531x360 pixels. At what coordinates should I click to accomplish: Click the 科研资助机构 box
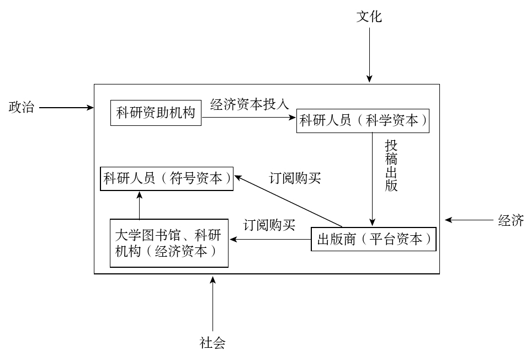pos(156,113)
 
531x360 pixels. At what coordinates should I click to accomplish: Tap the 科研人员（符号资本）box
pos(167,178)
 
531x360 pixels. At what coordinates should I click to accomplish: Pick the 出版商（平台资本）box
pos(374,240)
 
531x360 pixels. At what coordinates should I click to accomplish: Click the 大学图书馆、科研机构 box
pos(169,243)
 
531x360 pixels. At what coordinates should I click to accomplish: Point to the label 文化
pos(369,17)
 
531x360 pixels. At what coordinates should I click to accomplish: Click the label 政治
pos(21,107)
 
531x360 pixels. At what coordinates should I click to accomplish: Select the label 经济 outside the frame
pos(511,220)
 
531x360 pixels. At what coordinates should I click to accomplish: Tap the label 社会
pos(213,343)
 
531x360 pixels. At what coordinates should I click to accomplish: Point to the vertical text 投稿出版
pos(391,165)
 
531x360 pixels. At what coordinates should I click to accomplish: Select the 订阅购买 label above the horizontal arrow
pos(269,225)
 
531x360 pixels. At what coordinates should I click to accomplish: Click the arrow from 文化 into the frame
pos(369,55)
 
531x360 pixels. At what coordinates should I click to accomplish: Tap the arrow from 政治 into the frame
pos(66,108)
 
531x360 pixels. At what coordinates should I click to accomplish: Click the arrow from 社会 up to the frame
pos(213,304)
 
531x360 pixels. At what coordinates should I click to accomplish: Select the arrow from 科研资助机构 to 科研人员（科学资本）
pos(249,117)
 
